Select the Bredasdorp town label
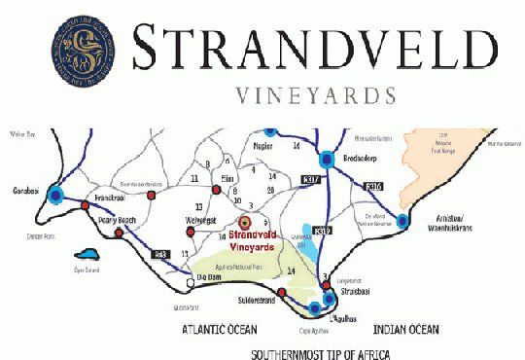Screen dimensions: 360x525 pyautogui.click(x=357, y=155)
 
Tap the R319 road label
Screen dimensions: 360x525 pyautogui.click(x=323, y=231)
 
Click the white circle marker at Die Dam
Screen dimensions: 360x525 pyautogui.click(x=187, y=284)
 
